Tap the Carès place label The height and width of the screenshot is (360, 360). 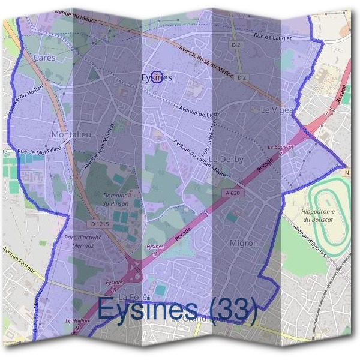pos(45,58)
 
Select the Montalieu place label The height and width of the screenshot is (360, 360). pos(71,134)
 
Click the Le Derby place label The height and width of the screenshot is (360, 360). pos(226,159)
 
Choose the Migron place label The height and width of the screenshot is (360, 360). pos(244,244)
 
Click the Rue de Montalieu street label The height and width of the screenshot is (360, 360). pos(40,155)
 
